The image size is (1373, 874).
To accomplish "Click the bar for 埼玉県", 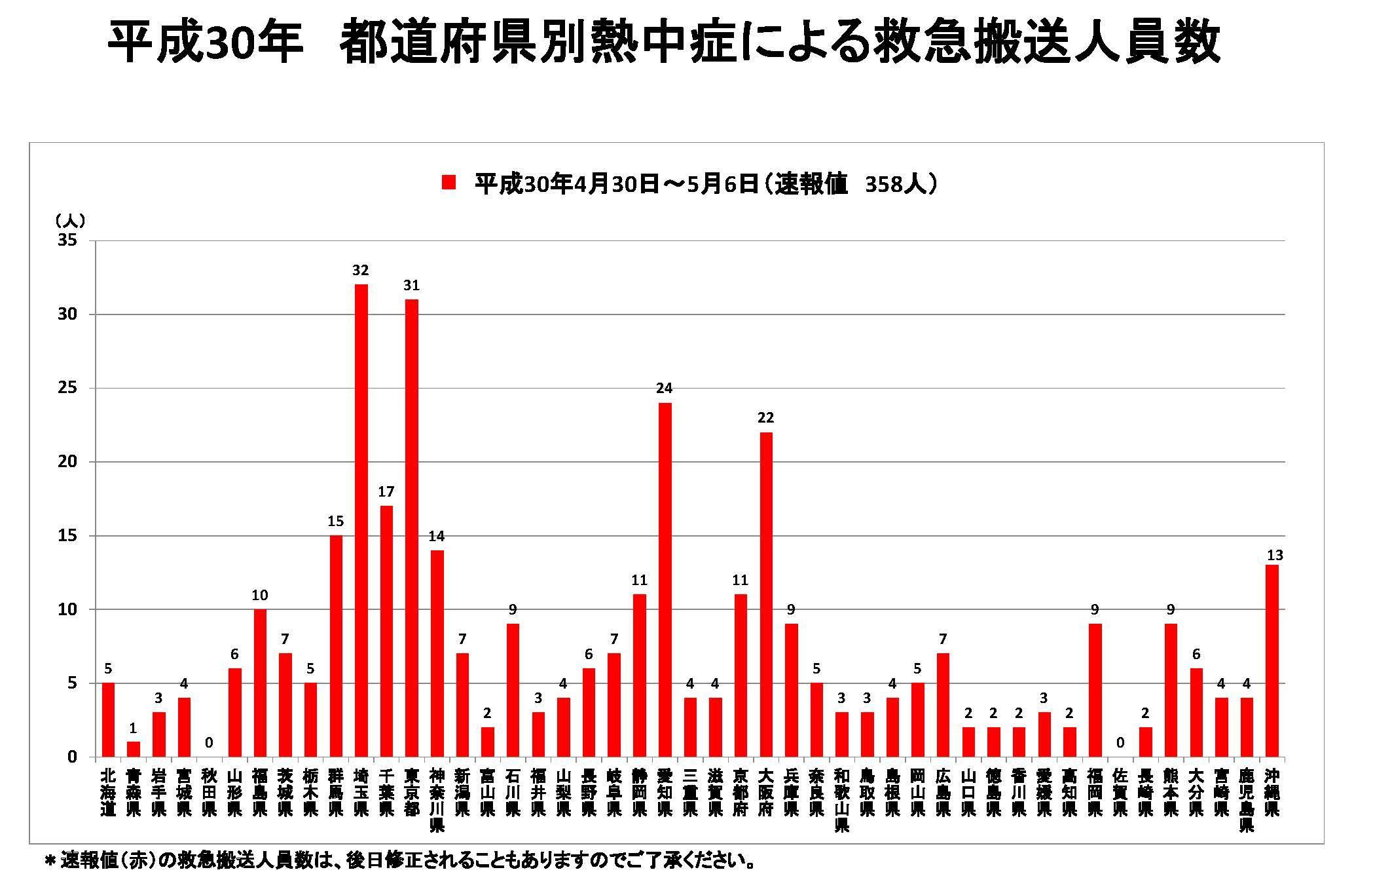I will pos(361,520).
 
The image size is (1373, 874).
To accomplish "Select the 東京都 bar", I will pos(411,527).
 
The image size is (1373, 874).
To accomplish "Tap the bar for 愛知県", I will pos(665,579).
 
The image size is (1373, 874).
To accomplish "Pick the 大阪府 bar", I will pos(766,594).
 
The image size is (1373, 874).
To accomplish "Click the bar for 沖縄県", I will pos(1272,660).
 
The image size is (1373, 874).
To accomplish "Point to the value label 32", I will pos(361,270).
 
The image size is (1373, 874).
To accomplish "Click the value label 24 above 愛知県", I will pos(665,389).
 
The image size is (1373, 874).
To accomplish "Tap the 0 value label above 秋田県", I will pos(209,743).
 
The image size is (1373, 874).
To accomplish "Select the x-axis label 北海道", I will pos(108,792).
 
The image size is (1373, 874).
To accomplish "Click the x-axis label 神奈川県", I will pos(437,800).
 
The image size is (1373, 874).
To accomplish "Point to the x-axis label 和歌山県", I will pos(842,800).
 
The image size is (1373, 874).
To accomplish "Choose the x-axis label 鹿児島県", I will pos(1247,800).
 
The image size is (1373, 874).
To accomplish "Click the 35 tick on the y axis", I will pos(68,240).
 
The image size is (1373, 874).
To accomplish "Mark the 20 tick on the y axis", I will pos(68,462).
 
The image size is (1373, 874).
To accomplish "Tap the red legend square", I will pos(449,183).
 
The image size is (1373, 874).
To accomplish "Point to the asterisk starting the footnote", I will pos(49,861).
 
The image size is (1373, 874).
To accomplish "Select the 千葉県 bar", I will pos(386,631).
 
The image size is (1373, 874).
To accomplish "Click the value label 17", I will pos(386,491).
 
